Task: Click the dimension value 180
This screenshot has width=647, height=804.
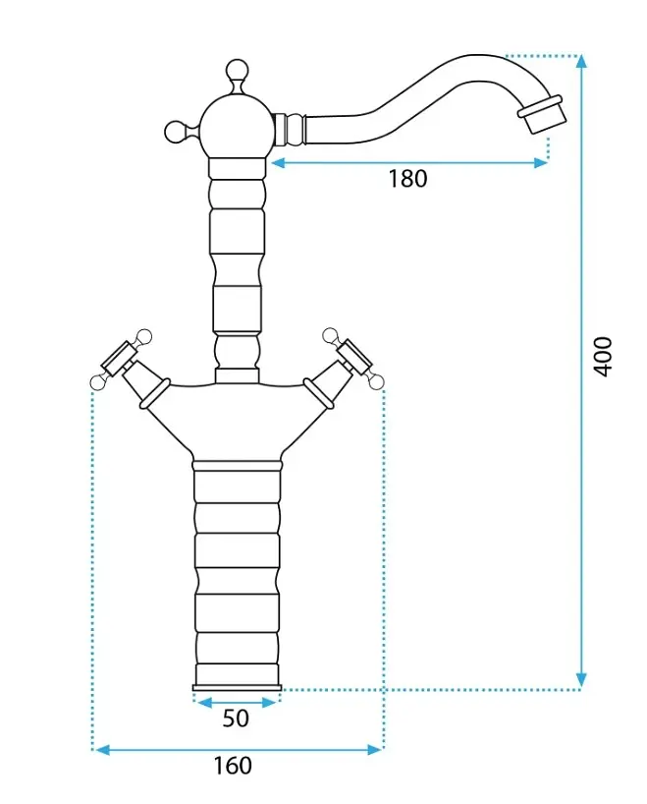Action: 407,179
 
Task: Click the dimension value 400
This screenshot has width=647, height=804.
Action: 603,357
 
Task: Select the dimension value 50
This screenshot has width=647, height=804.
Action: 236,718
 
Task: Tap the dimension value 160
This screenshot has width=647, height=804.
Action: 233,766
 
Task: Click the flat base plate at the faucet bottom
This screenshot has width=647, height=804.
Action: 237,688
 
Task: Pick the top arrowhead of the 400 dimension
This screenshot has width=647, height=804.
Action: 580,61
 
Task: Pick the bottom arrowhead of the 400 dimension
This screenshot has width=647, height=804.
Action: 580,680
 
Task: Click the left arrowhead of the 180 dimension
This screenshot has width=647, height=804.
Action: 278,163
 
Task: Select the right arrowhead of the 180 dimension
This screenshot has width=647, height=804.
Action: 541,163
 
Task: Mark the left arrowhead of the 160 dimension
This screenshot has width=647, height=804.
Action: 103,750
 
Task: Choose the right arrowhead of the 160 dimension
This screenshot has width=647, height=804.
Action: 375,750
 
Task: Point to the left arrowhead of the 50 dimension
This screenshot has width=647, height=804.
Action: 203,703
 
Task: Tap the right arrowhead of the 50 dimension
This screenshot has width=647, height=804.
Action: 269,703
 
